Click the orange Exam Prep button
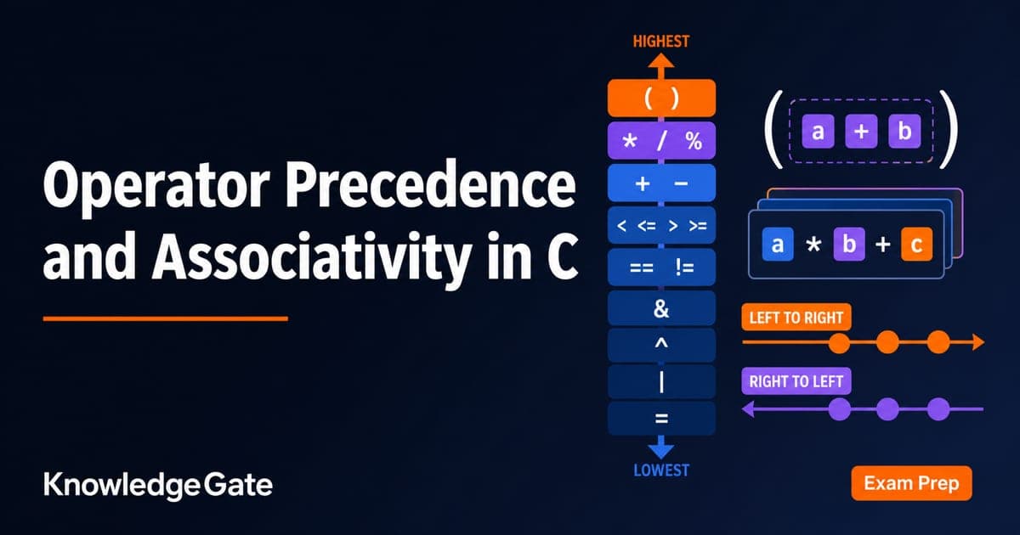coord(911,483)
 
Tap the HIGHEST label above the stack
coord(661,42)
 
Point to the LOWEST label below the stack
coord(661,470)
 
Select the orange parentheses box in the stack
coord(661,98)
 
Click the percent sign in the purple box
coord(694,141)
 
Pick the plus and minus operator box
coord(661,183)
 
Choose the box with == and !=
coord(661,267)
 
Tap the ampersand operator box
coord(661,308)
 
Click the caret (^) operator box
coord(661,345)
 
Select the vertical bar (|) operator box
coord(661,381)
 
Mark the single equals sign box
coord(661,419)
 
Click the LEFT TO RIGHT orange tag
coord(796,317)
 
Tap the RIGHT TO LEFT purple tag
coord(796,380)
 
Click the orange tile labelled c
coord(916,245)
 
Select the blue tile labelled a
coord(778,245)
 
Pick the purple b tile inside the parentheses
coord(904,132)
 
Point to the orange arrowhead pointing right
coord(978,342)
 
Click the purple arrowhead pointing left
coord(748,409)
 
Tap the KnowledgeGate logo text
coord(158,485)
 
